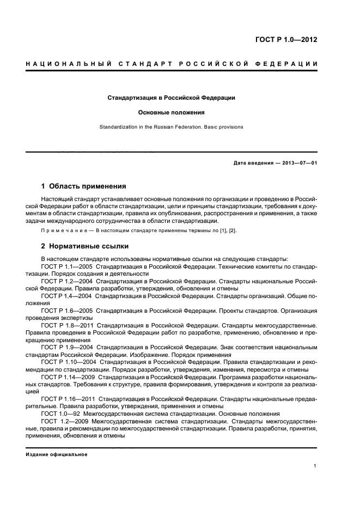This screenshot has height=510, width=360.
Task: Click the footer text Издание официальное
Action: click(57, 454)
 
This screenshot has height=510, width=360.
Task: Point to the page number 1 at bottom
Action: click(315, 466)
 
